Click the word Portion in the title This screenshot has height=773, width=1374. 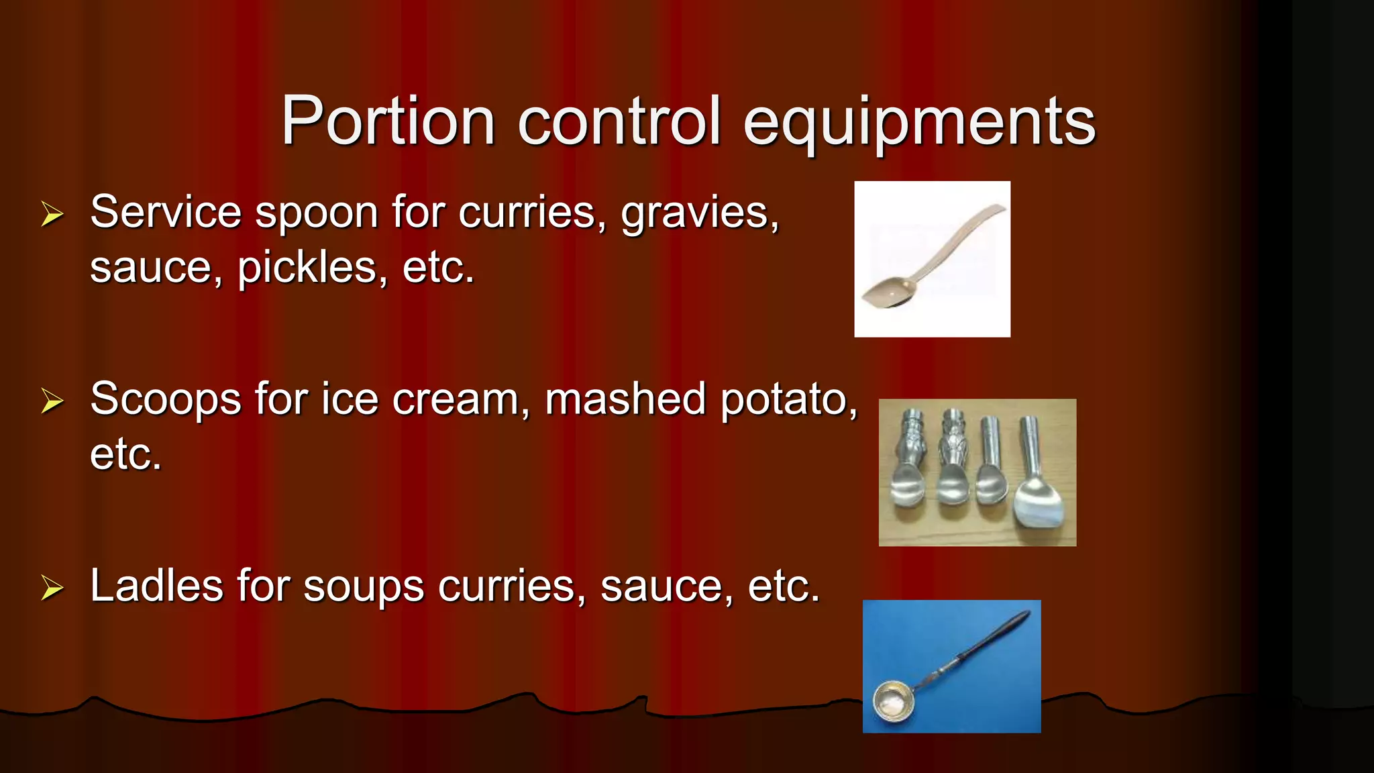click(388, 121)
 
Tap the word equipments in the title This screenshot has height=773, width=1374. click(919, 122)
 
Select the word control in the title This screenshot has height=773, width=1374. click(619, 121)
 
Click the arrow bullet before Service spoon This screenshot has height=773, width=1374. click(52, 214)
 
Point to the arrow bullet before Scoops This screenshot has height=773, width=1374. click(52, 401)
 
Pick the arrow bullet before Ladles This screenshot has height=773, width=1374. click(52, 588)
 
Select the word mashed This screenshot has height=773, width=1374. click(625, 399)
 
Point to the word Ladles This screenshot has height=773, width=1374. click(156, 586)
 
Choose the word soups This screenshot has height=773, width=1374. click(363, 587)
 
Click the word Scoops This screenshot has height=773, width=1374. click(165, 401)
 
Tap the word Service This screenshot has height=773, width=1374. click(165, 212)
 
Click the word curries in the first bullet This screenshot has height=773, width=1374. click(532, 213)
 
